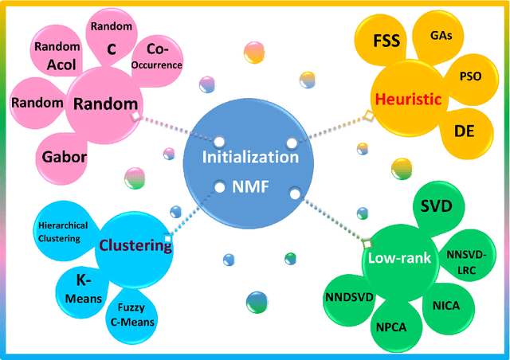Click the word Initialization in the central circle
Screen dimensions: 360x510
[250, 157]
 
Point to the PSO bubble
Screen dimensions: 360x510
[471, 76]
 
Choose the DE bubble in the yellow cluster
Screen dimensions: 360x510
[463, 131]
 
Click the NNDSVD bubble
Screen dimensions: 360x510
[346, 297]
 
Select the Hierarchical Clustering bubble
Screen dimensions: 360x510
[70, 232]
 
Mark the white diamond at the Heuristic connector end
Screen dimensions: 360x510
[367, 116]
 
